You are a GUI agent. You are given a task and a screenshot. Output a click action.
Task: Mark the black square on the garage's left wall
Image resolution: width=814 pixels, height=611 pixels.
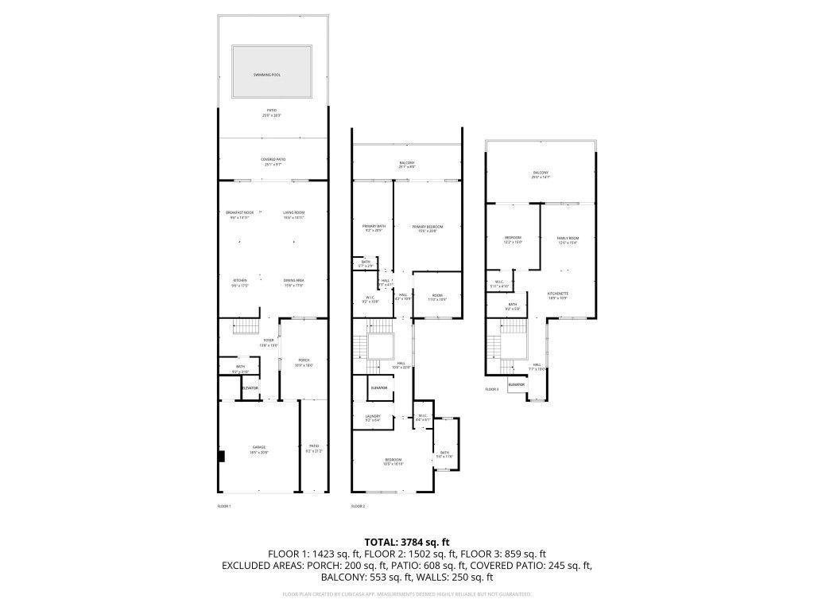point(222,456)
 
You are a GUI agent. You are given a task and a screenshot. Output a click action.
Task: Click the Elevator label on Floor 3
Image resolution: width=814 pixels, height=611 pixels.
point(516,384)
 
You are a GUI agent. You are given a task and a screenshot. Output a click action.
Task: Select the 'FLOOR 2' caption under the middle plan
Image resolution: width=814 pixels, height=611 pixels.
point(358,506)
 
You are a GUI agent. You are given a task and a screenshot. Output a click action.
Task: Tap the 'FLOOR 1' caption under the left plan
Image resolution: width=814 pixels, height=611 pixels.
point(224,506)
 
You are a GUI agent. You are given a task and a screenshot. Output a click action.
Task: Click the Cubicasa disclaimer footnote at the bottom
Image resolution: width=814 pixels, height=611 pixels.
point(406,594)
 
